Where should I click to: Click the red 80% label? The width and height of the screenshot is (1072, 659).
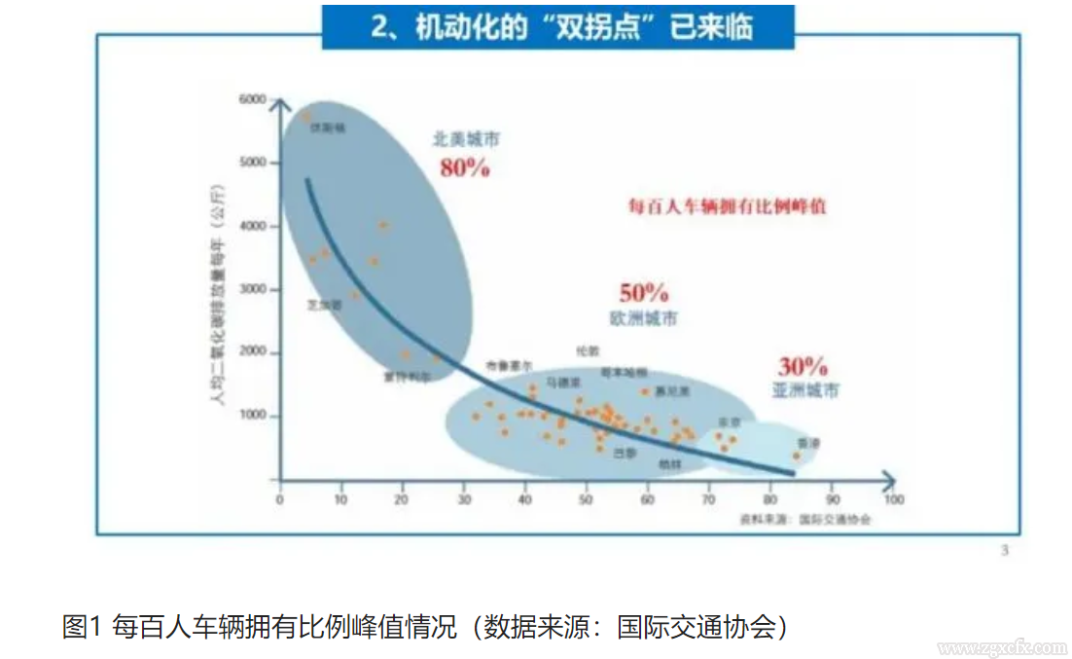point(464,167)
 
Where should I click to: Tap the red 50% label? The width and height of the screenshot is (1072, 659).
point(643,292)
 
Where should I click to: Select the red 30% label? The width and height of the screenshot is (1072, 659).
point(802,367)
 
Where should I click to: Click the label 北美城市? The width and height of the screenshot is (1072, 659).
point(466,140)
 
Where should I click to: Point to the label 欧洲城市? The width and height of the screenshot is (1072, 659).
point(643,318)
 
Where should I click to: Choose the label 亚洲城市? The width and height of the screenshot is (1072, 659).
point(805,390)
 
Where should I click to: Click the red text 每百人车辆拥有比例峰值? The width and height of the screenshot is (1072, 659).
point(728,206)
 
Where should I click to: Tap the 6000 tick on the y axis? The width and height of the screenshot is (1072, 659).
point(252,99)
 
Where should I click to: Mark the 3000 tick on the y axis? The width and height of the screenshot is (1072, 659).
point(252,289)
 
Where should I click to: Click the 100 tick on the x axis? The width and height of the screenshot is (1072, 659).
point(892,499)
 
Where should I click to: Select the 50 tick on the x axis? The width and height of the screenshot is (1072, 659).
point(586,499)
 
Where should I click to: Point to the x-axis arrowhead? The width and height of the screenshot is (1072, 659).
point(888,478)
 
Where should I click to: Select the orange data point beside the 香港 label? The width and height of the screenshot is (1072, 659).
point(796,456)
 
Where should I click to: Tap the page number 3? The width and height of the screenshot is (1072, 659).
point(1005,551)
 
